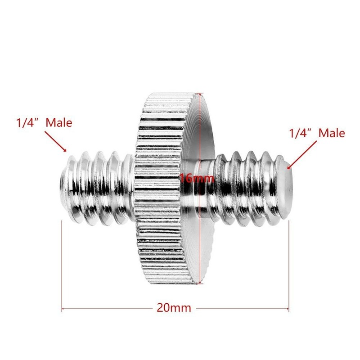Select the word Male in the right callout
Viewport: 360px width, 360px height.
pos(332,133)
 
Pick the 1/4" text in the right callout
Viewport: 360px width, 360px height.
pos(301,133)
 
